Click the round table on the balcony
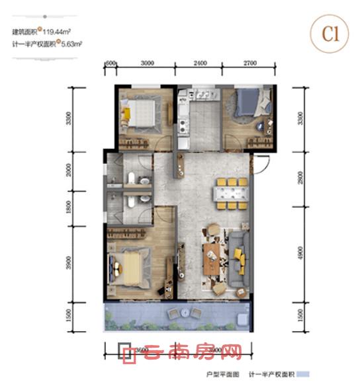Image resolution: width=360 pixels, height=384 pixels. [176, 313]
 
